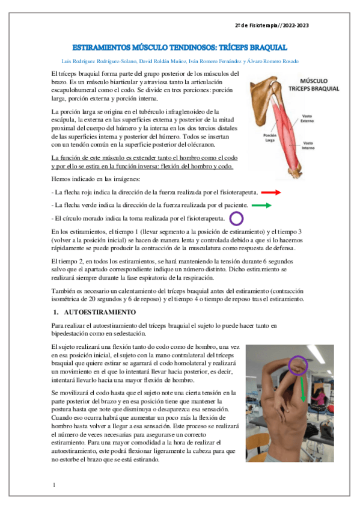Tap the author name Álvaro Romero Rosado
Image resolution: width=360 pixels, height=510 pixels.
click(x=273, y=61)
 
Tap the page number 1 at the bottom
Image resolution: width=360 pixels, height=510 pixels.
click(x=54, y=484)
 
